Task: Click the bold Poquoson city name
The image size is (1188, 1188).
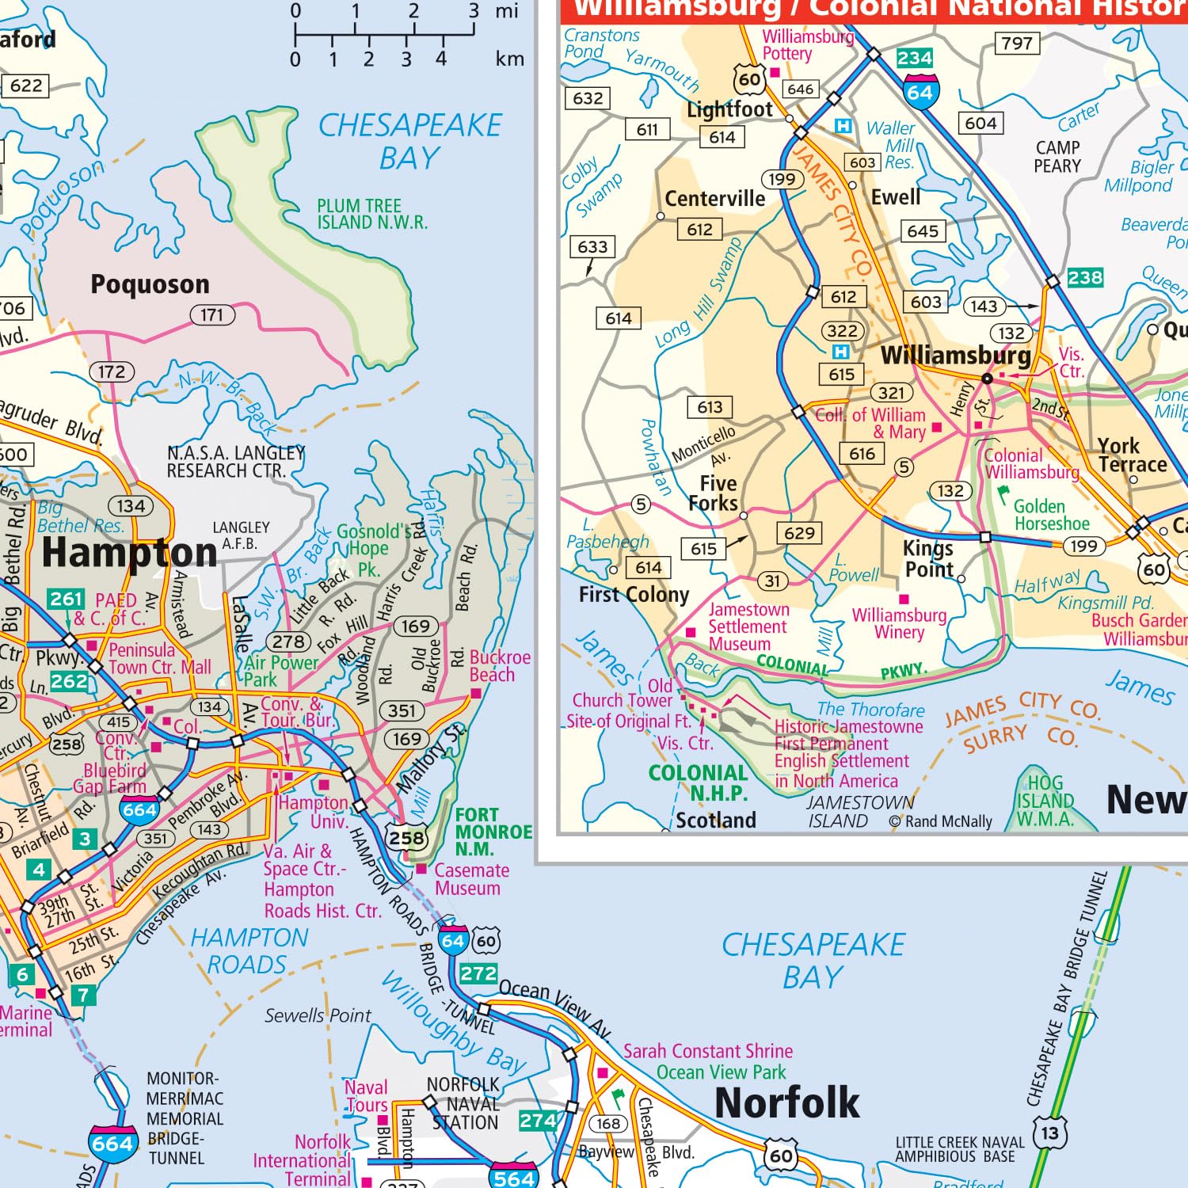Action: [150, 284]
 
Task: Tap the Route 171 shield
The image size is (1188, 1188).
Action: [212, 315]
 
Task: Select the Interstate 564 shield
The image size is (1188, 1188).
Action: [513, 1177]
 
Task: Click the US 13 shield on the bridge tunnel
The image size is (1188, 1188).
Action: [1049, 1133]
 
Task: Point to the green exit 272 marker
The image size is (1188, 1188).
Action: [478, 973]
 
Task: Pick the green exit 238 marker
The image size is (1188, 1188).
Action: [1084, 278]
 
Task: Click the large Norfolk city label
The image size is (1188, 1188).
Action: [786, 1102]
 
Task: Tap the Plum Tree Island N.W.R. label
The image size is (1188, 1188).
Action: [371, 215]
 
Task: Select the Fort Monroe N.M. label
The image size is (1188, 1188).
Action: [493, 832]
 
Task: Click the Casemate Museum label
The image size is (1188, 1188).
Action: [471, 879]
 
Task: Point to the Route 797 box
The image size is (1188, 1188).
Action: [1017, 44]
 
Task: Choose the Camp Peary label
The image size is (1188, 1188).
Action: [1057, 157]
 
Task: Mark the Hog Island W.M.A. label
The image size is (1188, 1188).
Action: [1045, 801]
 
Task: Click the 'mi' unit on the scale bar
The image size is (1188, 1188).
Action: [506, 11]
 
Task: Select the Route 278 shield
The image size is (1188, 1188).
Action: [289, 642]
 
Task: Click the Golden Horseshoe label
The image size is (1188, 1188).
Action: [1051, 515]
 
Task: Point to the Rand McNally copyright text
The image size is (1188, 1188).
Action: [940, 821]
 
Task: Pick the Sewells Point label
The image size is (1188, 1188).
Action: [318, 1015]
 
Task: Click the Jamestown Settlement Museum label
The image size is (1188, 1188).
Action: [748, 626]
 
